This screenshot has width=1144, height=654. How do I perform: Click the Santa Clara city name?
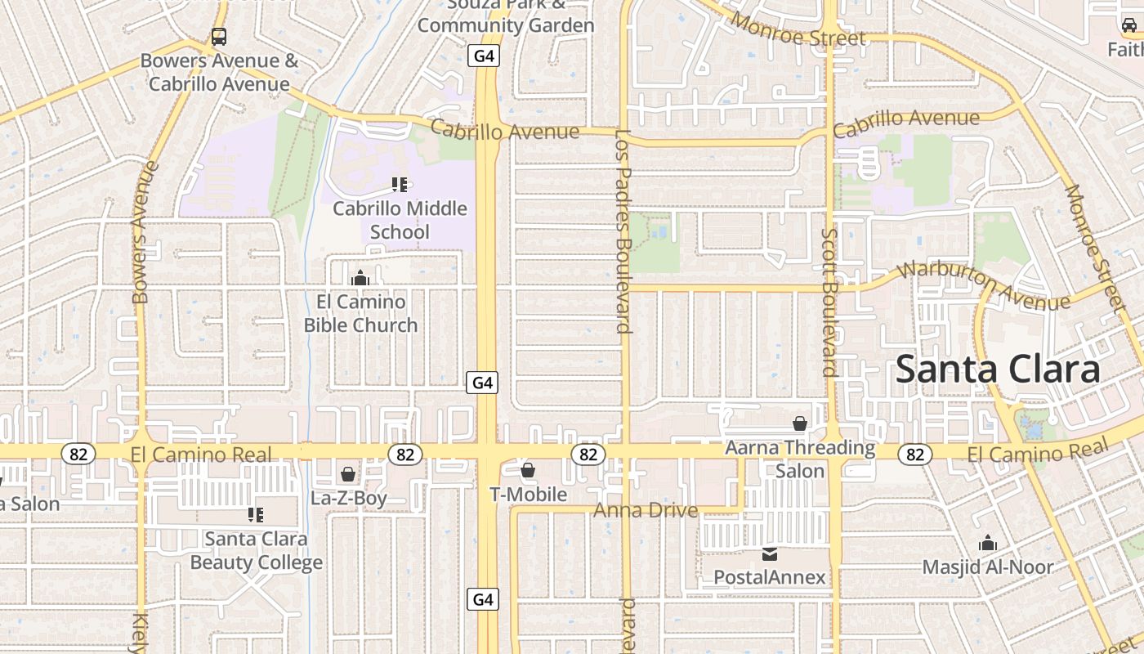(x=998, y=370)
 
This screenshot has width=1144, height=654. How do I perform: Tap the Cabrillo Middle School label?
(x=400, y=220)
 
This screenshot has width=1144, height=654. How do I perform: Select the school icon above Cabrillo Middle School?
(x=400, y=185)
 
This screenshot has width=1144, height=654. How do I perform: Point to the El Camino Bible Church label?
(x=360, y=313)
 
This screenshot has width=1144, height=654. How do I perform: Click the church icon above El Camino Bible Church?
(x=360, y=278)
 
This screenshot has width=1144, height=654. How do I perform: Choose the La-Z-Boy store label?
(x=349, y=498)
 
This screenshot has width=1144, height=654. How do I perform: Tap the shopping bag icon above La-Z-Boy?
(x=348, y=474)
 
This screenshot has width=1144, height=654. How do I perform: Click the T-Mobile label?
(x=528, y=495)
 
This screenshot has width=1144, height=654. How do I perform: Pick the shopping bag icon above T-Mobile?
(x=528, y=470)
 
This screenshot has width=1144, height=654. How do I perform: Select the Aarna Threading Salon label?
(x=800, y=459)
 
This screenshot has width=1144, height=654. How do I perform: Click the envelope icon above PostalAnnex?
(x=770, y=554)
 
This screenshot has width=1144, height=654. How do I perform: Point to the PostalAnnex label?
(x=770, y=577)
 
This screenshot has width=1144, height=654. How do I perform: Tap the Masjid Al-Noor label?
(x=988, y=567)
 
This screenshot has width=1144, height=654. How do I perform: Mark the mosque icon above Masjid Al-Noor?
(x=988, y=543)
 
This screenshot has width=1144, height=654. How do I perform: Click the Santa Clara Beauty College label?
(x=257, y=550)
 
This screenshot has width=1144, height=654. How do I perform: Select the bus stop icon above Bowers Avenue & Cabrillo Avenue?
(x=218, y=37)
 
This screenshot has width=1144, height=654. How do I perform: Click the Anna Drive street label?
(x=646, y=511)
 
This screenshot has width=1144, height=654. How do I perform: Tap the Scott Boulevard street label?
(x=829, y=302)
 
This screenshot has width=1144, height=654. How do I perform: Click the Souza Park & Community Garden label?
(x=506, y=16)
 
